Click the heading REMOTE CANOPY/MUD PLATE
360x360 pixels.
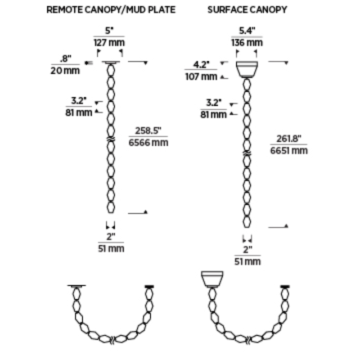click(x=111, y=10)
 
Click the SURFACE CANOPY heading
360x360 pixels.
click(x=247, y=10)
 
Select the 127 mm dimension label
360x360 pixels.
click(x=109, y=43)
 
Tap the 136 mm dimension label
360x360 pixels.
click(x=247, y=43)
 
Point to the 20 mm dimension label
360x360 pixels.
click(x=65, y=71)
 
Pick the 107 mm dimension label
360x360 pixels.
click(x=201, y=76)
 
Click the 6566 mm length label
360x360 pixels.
click(x=148, y=143)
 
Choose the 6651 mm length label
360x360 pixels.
click(x=289, y=151)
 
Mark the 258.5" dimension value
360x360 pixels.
click(x=148, y=130)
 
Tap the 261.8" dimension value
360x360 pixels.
click(x=288, y=139)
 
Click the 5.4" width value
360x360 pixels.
click(x=247, y=31)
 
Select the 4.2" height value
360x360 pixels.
click(x=201, y=65)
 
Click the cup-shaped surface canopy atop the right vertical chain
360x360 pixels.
click(x=247, y=70)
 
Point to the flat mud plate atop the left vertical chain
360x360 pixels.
click(x=111, y=63)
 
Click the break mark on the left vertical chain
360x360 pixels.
click(x=111, y=139)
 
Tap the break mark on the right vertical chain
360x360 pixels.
click(x=247, y=153)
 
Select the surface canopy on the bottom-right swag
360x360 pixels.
click(x=212, y=279)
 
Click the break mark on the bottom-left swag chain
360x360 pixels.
click(x=112, y=340)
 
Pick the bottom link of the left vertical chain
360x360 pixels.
click(x=111, y=207)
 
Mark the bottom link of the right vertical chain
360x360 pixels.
click(x=247, y=221)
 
